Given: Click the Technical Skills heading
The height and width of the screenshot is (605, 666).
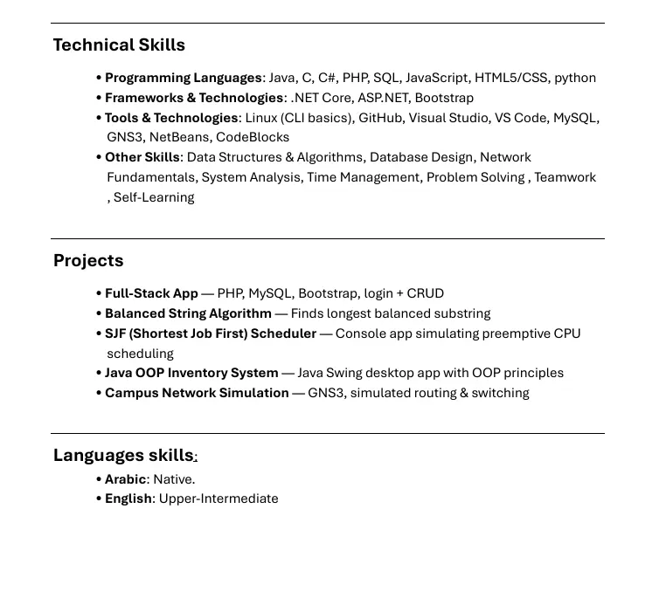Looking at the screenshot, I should click(x=119, y=45).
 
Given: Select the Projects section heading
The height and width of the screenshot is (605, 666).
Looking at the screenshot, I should click(x=88, y=261).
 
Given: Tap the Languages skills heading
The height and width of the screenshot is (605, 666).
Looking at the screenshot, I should click(x=123, y=456).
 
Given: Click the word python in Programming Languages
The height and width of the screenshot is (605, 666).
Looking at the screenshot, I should click(x=575, y=78).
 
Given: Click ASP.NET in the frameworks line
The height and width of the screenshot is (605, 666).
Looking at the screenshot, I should click(x=383, y=98).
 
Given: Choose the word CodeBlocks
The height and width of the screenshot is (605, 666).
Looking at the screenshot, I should click(x=253, y=137).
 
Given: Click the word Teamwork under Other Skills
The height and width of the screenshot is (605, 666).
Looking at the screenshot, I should click(x=565, y=177).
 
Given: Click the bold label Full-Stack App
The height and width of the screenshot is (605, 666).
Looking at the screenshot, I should click(x=151, y=293).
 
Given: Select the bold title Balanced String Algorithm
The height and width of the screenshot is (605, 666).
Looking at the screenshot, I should click(x=188, y=313).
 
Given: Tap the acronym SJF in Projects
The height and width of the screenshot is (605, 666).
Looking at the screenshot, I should click(x=116, y=333).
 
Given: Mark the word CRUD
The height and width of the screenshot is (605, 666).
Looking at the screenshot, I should click(x=426, y=293).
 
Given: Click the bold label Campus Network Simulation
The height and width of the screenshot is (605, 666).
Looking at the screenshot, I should click(x=197, y=393).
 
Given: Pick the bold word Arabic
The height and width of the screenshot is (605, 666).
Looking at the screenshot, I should click(x=125, y=479).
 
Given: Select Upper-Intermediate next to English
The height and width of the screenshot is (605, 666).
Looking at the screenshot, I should click(x=219, y=499).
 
